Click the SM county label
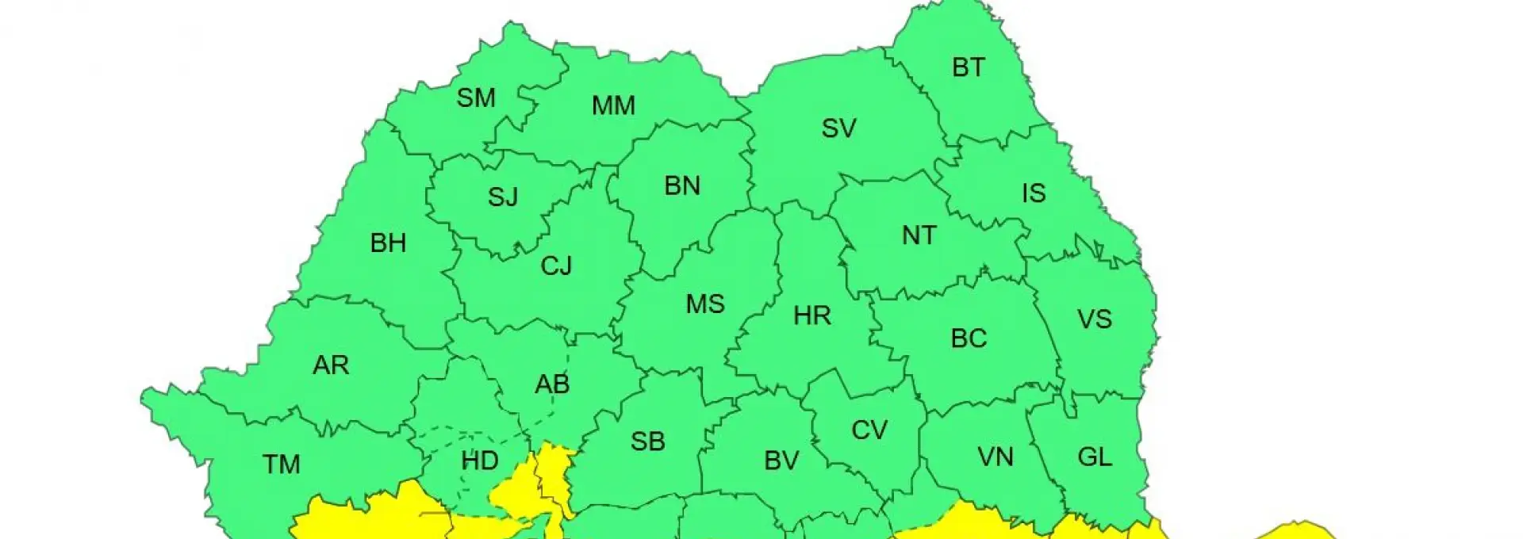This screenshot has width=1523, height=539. [x=476, y=98]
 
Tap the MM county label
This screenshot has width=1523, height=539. [x=613, y=105]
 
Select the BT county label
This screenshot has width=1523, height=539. [x=969, y=68]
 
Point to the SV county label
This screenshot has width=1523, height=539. [x=838, y=128]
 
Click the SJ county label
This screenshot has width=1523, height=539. [x=502, y=197]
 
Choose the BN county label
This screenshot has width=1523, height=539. [x=682, y=186]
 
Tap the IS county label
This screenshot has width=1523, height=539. [x=1034, y=193]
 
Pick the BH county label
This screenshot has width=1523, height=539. [x=388, y=243]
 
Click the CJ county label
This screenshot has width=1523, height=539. [x=556, y=266]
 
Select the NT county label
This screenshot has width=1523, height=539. [x=919, y=235]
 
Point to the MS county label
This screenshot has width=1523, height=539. [x=705, y=304]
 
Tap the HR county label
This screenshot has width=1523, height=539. [x=811, y=316]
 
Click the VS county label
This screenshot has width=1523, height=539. [x=1094, y=319]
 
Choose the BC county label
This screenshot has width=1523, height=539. [x=969, y=338]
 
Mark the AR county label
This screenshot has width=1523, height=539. [x=331, y=365]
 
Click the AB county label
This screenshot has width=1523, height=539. [x=552, y=384]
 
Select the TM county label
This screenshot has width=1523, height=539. [x=282, y=464]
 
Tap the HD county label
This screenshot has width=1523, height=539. [x=480, y=461]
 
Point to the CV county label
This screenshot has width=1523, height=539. [x=869, y=430]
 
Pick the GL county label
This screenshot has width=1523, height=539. [x=1095, y=457]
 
